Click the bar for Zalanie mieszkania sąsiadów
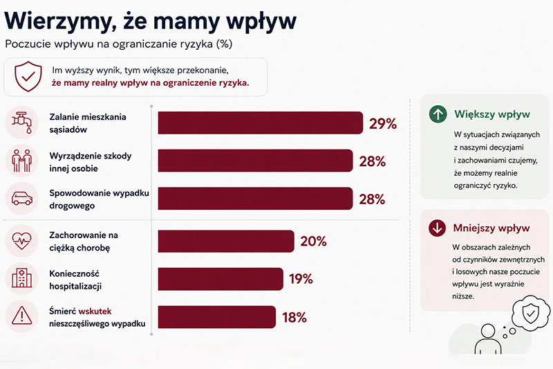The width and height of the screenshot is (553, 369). [x=261, y=123]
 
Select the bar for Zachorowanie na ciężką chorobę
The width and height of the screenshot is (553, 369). [x=226, y=241]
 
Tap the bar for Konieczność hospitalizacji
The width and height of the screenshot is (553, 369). [x=221, y=279]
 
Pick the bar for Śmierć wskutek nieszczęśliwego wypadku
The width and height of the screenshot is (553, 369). [x=217, y=317]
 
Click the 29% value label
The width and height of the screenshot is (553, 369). [x=383, y=124]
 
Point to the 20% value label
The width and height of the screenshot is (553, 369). [x=314, y=242]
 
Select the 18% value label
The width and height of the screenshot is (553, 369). [x=294, y=318]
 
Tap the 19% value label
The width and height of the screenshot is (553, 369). [x=301, y=279]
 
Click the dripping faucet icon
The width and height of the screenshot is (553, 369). [x=22, y=123]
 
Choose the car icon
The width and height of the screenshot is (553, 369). [x=22, y=199]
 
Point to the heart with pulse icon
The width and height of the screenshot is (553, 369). [x=22, y=241]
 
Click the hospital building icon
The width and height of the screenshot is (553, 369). [x=22, y=278]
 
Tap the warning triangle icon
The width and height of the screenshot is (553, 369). [x=22, y=315]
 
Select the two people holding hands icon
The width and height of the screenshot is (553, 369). [x=22, y=161]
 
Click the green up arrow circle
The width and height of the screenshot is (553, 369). [x=438, y=114]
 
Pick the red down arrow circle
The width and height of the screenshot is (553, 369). [x=438, y=228]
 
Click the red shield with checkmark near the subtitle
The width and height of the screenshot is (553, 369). [x=28, y=76]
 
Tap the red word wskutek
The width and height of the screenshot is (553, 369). [x=95, y=311]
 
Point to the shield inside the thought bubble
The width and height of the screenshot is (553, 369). [x=531, y=313]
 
